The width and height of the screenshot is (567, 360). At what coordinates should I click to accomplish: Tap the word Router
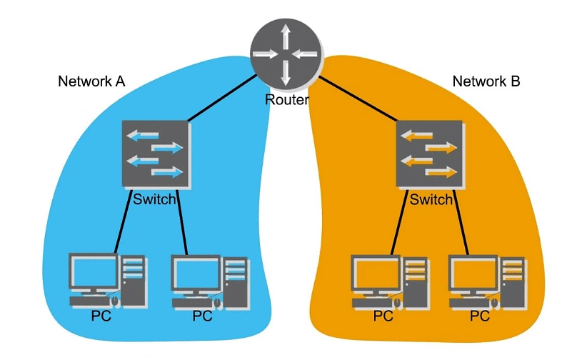[286, 100]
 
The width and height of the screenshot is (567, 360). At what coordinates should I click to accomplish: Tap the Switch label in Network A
[154, 199]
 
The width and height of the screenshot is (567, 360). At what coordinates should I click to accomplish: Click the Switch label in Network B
[431, 199]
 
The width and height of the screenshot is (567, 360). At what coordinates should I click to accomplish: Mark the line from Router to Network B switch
[357, 98]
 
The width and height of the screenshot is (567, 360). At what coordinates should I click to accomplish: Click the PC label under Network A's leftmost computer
[101, 316]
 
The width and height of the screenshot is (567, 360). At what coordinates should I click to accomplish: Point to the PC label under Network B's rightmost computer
[478, 316]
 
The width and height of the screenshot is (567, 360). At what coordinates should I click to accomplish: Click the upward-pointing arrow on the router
[286, 35]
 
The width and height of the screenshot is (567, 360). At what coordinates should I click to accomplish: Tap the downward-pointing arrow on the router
[286, 74]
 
